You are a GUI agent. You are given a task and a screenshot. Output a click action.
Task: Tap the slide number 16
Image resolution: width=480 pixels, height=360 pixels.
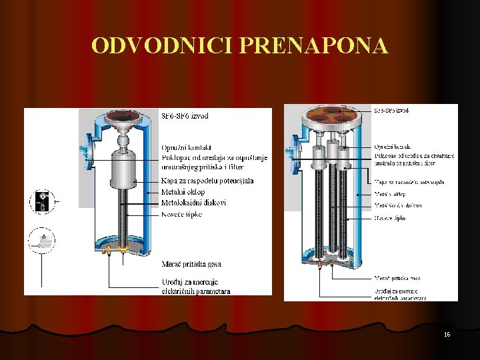(447, 334)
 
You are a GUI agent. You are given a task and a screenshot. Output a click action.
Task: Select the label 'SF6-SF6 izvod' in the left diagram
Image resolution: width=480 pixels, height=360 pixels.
(185, 116)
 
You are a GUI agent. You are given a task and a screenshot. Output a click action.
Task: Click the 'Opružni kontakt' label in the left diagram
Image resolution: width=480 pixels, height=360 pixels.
(186, 147)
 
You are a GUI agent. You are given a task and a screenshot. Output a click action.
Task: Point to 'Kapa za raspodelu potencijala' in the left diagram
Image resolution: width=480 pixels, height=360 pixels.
(207, 181)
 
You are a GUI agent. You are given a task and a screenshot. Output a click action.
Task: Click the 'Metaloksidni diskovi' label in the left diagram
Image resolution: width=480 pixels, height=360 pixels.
(193, 203)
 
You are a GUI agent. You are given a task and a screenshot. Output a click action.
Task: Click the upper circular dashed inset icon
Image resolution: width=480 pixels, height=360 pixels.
(42, 201)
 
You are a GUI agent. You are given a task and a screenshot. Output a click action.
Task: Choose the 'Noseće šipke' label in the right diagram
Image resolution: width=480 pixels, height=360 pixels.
(390, 218)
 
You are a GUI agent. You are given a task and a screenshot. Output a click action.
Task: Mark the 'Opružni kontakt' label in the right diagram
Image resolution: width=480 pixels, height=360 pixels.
(393, 146)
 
